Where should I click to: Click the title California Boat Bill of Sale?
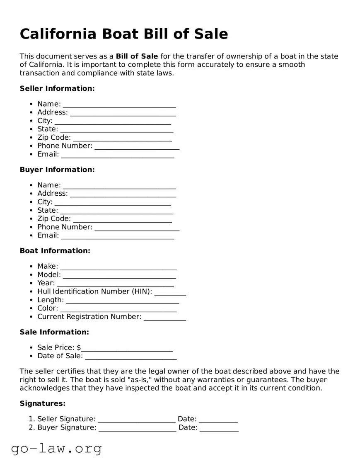click(x=124, y=34)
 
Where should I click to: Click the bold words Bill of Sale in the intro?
click(x=137, y=56)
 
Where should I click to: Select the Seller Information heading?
click(x=57, y=89)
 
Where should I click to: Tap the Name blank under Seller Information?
click(x=119, y=104)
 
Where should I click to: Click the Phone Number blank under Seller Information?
click(x=137, y=146)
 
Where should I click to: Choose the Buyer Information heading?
click(x=57, y=170)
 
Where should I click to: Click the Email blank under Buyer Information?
click(x=118, y=236)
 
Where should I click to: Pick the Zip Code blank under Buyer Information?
click(x=122, y=219)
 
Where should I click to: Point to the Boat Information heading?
click(x=55, y=251)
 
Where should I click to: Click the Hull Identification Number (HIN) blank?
click(x=170, y=292)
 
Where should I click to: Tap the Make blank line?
click(x=118, y=267)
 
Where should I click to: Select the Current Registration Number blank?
click(x=165, y=317)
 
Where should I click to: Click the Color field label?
click(x=48, y=308)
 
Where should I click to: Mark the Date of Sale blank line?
click(x=131, y=357)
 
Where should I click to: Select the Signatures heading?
click(x=43, y=404)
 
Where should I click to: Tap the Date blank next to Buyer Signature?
click(x=219, y=428)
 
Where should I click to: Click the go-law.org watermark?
click(x=56, y=449)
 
